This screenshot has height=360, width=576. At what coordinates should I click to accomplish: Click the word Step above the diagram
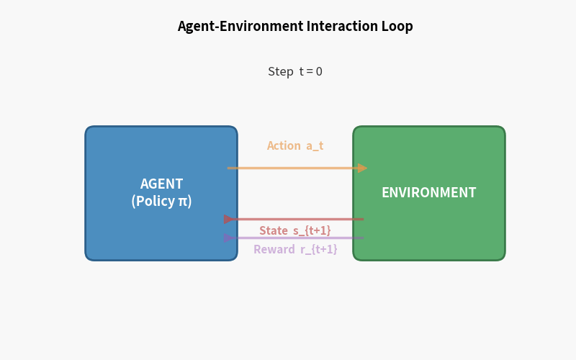pyautogui.click(x=281, y=72)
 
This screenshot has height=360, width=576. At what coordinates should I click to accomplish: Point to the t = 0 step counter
pyautogui.click(x=311, y=72)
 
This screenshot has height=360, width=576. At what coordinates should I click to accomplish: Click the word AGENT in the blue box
pyautogui.click(x=161, y=184)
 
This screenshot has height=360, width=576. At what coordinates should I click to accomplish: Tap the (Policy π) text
pyautogui.click(x=161, y=202)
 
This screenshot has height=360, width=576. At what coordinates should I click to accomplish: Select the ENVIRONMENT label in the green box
pyautogui.click(x=428, y=193)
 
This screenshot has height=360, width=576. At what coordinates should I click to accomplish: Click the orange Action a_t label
pyautogui.click(x=295, y=146)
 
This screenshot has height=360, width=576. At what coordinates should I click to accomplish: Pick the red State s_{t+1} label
pyautogui.click(x=295, y=231)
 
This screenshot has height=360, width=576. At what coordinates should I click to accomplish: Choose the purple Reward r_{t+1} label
pyautogui.click(x=295, y=250)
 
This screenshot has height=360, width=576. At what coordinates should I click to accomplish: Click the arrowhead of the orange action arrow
pyautogui.click(x=362, y=168)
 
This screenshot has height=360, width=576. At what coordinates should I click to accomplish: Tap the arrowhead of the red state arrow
pyautogui.click(x=230, y=220)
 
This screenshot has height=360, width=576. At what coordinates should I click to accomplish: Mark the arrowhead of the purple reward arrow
pyautogui.click(x=230, y=238)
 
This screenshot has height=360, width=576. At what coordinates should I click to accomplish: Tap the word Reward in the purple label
pyautogui.click(x=274, y=250)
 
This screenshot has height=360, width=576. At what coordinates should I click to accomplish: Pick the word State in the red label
pyautogui.click(x=274, y=231)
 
